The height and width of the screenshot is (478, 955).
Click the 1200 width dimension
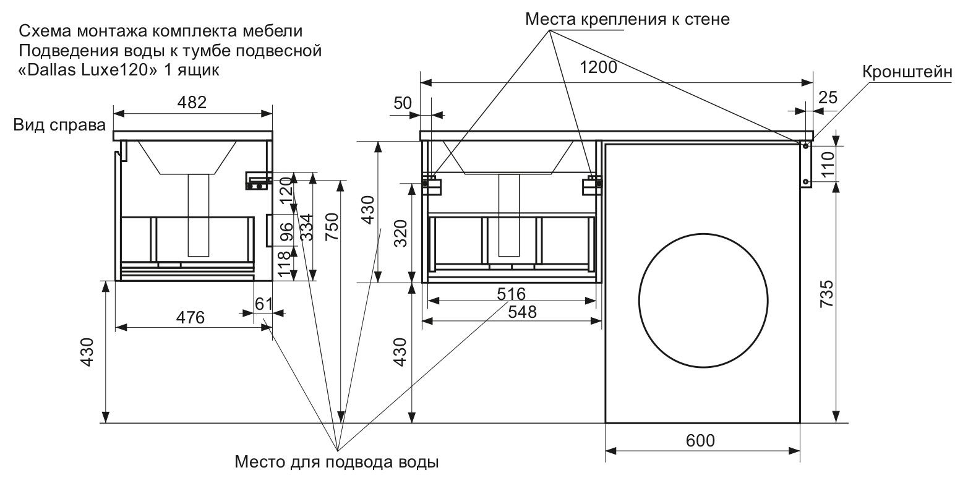[598, 68]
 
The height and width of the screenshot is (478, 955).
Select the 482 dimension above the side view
[192, 102]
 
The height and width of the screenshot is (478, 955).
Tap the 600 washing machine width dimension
[700, 441]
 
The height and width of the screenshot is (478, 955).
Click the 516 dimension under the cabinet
[512, 293]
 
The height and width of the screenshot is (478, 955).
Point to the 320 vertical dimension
[401, 233]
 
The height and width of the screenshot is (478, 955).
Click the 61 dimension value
[264, 304]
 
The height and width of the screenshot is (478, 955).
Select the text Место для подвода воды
[336, 462]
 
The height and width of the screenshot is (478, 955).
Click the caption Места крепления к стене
[628, 19]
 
